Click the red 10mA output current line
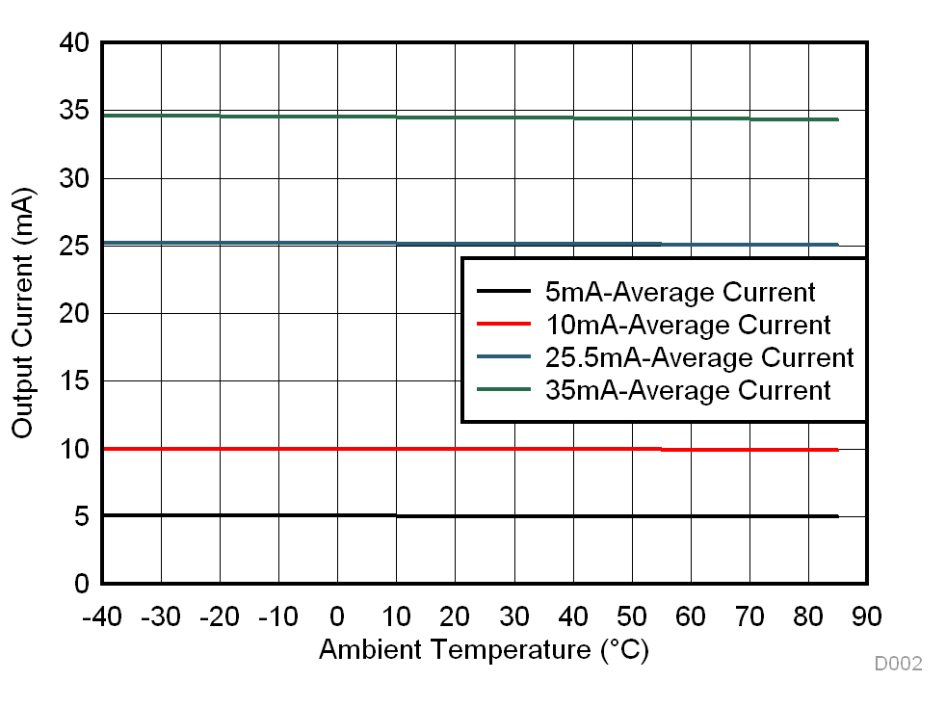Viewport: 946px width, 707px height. pyautogui.click(x=289, y=449)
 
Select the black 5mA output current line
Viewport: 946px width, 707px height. pyautogui.click(x=289, y=515)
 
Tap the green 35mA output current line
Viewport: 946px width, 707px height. pyautogui.click(x=289, y=117)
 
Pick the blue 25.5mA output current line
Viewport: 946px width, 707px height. pyautogui.click(x=289, y=243)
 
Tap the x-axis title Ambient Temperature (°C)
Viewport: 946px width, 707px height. pyautogui.click(x=484, y=650)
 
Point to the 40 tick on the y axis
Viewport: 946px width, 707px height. pyautogui.click(x=75, y=43)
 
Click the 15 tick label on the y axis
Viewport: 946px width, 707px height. pyautogui.click(x=75, y=381)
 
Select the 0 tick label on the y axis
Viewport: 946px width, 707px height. pyautogui.click(x=81, y=584)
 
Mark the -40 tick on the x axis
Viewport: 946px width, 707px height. pyautogui.click(x=102, y=616)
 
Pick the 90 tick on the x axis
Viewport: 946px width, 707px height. pyautogui.click(x=867, y=616)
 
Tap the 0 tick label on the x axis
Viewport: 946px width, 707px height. pyautogui.click(x=337, y=616)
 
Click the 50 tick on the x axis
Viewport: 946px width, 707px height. pyautogui.click(x=632, y=616)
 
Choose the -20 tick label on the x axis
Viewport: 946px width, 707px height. pyautogui.click(x=220, y=616)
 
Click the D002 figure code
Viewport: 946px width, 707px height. pyautogui.click(x=898, y=664)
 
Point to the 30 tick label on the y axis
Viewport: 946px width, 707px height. pyautogui.click(x=75, y=179)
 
